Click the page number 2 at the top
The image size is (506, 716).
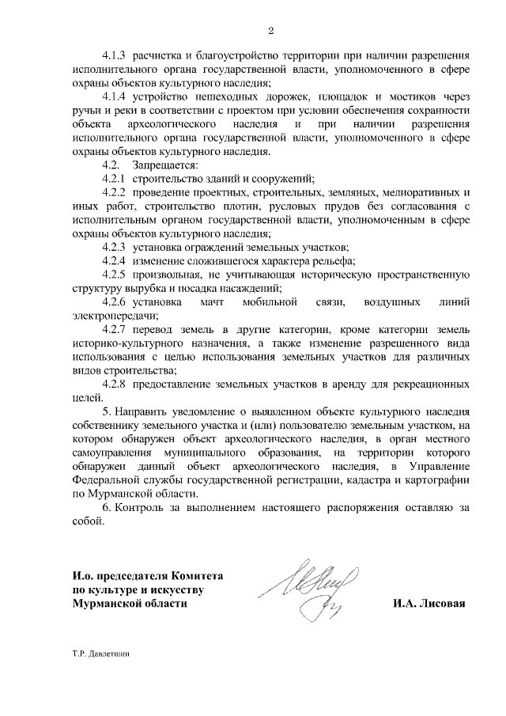coord(270,31)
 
